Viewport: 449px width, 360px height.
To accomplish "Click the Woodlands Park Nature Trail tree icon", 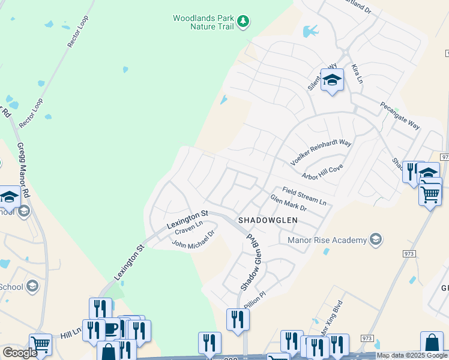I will [x=243, y=22].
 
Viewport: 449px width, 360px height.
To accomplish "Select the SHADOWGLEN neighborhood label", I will [x=268, y=220].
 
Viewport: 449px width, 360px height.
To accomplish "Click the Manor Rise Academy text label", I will [x=327, y=240].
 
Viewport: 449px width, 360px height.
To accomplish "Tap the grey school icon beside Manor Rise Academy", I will [x=376, y=240].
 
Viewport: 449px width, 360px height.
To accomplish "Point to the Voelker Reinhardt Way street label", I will [x=321, y=152].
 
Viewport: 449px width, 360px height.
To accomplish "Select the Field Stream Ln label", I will [x=304, y=196].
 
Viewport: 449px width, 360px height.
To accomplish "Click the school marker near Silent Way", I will [x=332, y=80].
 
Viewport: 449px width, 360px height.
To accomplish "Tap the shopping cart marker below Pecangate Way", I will [x=430, y=193].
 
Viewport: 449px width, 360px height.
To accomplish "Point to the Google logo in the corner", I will [x=20, y=353].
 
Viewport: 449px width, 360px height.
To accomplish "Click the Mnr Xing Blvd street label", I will [x=331, y=318].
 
